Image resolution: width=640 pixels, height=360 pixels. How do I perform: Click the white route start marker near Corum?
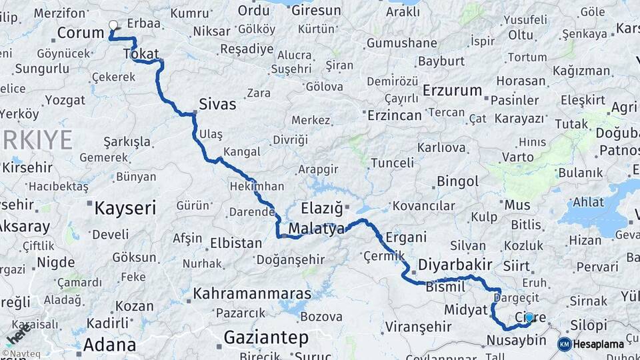pos(113,25)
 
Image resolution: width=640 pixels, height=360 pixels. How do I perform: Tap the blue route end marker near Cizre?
pos(529,317)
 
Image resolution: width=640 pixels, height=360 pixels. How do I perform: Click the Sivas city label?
pos(217,104)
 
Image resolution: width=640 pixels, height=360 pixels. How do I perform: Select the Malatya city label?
pos(317,228)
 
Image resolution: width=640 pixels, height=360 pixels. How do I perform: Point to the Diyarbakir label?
pos(455,264)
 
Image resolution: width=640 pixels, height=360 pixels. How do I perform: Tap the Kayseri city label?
pos(125,207)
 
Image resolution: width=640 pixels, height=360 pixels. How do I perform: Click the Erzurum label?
pos(453,91)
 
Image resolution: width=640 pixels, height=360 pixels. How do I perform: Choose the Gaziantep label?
pos(265,337)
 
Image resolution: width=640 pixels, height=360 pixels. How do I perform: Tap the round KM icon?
pos(565,344)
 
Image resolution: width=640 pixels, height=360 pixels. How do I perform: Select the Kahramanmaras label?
pos(252,293)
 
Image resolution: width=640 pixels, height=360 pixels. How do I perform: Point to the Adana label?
pos(110,345)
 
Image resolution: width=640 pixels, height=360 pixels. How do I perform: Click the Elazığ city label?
pos(321,207)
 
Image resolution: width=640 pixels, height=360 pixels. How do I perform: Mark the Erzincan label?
pos(395,115)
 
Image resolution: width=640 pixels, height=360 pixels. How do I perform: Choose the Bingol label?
pos(457,181)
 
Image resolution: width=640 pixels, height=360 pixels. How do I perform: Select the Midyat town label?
pos(467,310)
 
